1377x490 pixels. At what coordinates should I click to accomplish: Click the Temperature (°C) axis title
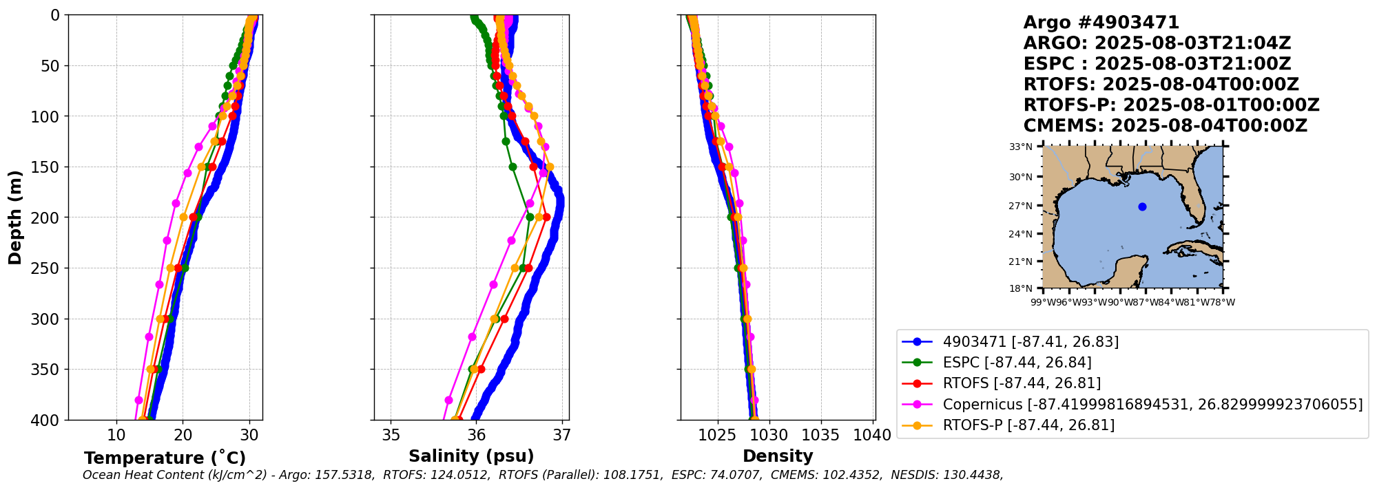click(165, 458)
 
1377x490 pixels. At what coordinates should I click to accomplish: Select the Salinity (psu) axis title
click(471, 456)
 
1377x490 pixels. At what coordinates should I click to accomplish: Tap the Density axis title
click(778, 456)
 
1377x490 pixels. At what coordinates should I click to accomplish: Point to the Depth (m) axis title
click(15, 217)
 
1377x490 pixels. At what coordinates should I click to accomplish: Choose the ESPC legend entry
click(1017, 363)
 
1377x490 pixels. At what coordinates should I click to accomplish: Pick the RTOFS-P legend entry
click(1028, 425)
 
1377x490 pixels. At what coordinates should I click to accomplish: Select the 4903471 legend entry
click(1031, 342)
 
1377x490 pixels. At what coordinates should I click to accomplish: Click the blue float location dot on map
click(1142, 206)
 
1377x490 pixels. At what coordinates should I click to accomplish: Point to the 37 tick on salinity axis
click(562, 435)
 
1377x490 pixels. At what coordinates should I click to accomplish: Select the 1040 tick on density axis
click(872, 435)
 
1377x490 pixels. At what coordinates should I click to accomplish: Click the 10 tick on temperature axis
click(116, 435)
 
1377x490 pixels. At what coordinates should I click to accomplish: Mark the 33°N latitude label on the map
click(1021, 147)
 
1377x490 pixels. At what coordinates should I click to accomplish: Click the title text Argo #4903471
click(1101, 23)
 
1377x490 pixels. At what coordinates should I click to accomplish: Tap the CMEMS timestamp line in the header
click(1165, 126)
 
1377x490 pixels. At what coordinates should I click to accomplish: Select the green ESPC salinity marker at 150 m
click(513, 167)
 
